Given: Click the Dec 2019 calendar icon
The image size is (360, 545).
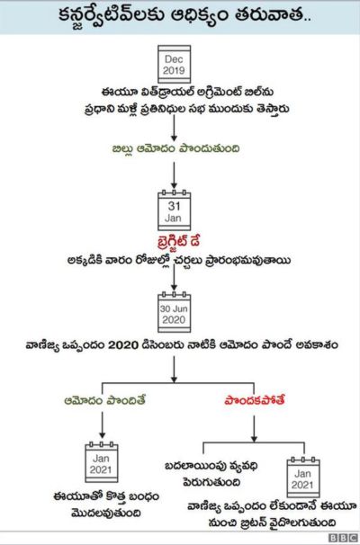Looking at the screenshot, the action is click(x=174, y=64).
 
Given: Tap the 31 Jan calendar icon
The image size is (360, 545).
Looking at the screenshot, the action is click(x=174, y=210).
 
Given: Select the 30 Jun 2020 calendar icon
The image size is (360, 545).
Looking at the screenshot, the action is click(x=174, y=312).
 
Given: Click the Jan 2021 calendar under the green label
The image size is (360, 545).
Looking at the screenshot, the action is click(x=101, y=462).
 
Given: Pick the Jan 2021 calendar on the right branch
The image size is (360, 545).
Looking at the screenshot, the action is click(x=303, y=478).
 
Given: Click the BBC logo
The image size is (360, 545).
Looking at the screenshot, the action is click(x=343, y=538).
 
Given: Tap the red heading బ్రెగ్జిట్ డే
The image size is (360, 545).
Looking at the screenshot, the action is click(x=178, y=241).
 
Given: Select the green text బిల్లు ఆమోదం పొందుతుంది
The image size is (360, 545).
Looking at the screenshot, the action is click(x=175, y=148).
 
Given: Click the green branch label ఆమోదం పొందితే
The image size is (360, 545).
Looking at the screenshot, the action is click(x=104, y=400).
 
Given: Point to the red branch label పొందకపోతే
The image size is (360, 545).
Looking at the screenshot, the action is click(x=255, y=400).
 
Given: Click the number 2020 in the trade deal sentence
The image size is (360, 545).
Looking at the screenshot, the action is click(x=123, y=345).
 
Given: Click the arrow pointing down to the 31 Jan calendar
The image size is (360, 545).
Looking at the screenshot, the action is click(x=174, y=175).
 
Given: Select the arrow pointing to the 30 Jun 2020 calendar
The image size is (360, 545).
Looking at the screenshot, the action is click(x=174, y=278).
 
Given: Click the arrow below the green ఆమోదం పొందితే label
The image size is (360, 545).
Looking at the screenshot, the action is click(x=102, y=425).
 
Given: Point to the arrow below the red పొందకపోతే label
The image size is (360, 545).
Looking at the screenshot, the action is click(x=255, y=429).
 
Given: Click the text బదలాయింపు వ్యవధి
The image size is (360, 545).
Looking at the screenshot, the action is click(x=211, y=466).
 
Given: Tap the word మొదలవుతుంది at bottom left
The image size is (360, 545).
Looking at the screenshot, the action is click(x=106, y=513).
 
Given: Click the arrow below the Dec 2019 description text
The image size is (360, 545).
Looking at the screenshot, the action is click(x=174, y=128).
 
